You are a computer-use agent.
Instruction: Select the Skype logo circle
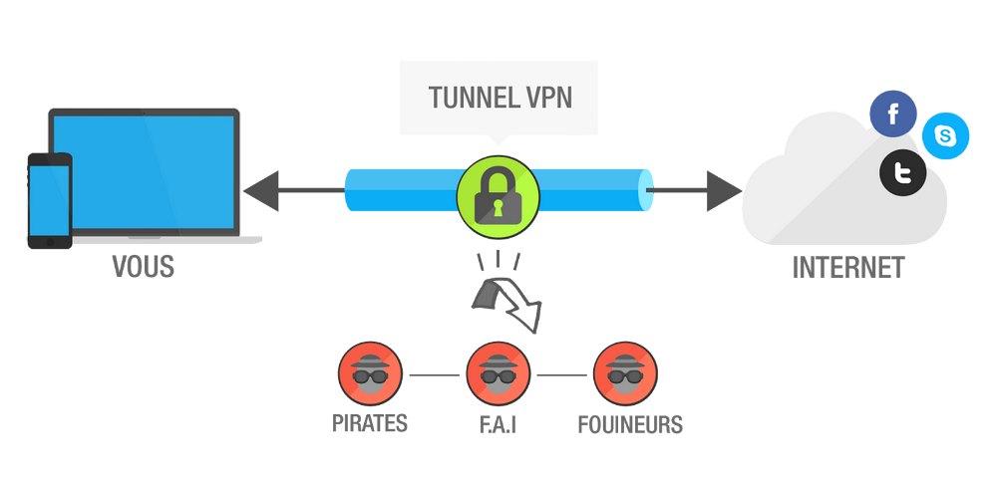click(945, 135)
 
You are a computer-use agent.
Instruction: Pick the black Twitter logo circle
click(903, 175)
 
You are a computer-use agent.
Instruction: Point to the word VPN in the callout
click(546, 99)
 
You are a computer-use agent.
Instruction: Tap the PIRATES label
click(370, 423)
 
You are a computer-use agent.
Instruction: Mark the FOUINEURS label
click(630, 424)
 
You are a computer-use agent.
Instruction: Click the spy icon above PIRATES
click(370, 374)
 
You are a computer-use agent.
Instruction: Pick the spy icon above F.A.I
click(498, 374)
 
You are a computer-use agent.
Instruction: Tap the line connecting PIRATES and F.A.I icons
click(434, 375)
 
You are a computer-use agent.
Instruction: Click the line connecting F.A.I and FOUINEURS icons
click(560, 375)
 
